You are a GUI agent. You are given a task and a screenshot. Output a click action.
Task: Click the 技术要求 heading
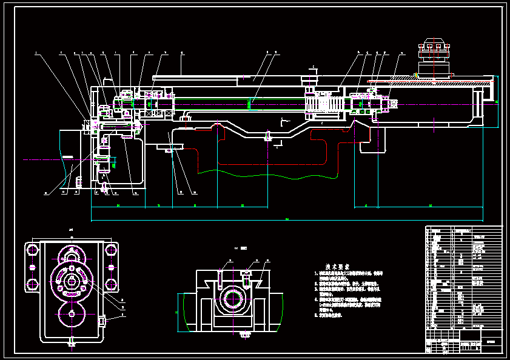(x=336, y=266)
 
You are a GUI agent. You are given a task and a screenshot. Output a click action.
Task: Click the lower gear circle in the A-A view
(x=72, y=313)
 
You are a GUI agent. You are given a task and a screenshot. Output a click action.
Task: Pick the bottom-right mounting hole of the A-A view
(x=111, y=284)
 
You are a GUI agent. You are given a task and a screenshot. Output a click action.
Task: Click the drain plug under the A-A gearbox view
(x=72, y=345)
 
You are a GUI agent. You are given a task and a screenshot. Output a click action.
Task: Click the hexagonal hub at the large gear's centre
(x=72, y=279)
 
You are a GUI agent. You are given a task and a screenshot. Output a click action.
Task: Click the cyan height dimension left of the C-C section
(x=178, y=313)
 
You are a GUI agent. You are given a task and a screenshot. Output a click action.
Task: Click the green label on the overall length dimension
(x=287, y=219)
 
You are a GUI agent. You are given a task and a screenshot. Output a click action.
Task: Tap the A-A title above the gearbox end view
(x=71, y=230)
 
